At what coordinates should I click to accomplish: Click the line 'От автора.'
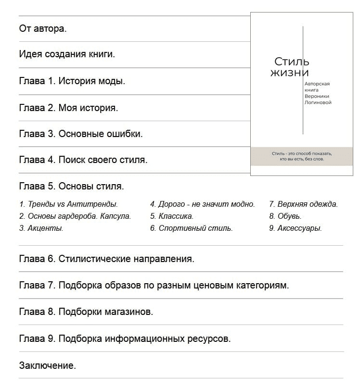(43, 28)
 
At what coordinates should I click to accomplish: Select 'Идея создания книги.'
(67, 54)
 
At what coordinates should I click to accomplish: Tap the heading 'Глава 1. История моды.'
(72, 81)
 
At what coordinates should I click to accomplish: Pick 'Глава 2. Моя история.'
(68, 108)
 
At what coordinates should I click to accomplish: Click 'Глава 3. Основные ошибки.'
(81, 134)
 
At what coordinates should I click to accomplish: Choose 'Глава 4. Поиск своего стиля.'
(83, 160)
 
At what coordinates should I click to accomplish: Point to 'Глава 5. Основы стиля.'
(71, 186)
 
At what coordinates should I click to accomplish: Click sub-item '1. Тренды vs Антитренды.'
(68, 204)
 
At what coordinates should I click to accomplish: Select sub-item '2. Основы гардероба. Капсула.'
(75, 216)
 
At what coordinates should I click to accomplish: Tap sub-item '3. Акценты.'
(41, 228)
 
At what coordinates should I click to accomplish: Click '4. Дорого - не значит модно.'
(202, 204)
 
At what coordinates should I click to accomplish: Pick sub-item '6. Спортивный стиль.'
(191, 228)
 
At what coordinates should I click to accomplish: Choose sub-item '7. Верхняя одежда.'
(303, 204)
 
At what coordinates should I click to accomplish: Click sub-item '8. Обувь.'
(285, 216)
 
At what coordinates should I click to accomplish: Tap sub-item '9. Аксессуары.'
(296, 228)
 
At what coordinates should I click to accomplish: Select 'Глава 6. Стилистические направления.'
(106, 259)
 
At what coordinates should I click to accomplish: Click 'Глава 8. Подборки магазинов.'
(86, 312)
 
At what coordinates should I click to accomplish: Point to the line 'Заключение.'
(47, 366)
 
